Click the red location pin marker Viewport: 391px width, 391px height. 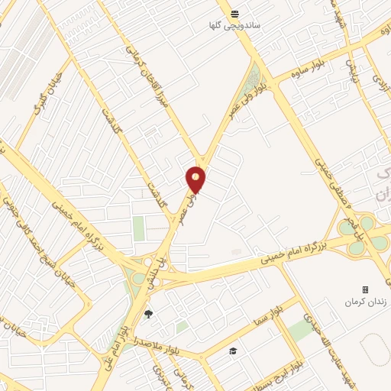coord(196,179)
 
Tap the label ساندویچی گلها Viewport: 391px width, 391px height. coord(236,25)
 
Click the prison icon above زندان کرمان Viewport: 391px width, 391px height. coord(365,289)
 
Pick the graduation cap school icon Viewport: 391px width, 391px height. coord(232,351)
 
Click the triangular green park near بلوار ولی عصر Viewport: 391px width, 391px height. coord(255,76)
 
